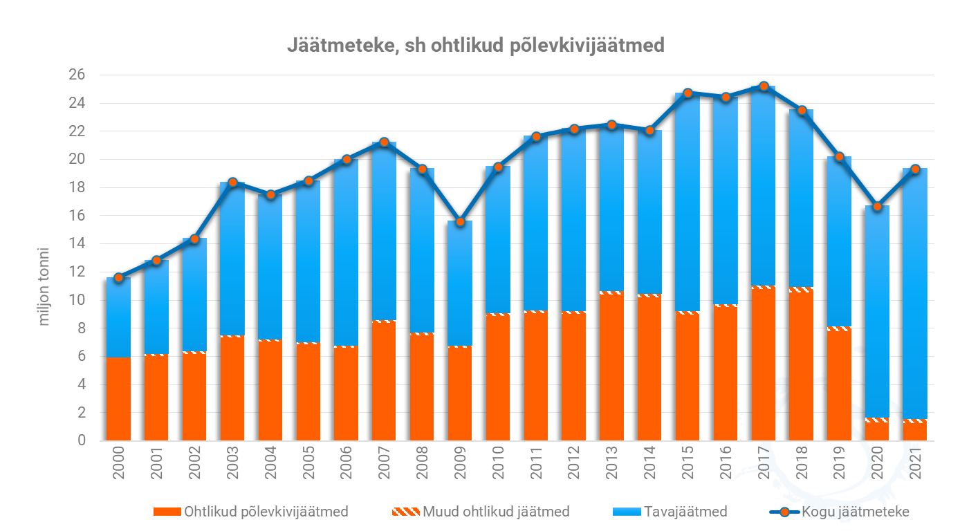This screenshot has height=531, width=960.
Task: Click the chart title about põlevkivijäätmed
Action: click(476, 46)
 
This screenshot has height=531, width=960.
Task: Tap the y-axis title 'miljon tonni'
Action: click(45, 286)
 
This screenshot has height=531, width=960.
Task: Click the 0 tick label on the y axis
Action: click(82, 441)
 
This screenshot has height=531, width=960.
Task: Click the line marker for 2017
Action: click(764, 86)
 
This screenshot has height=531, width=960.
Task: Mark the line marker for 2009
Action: click(460, 221)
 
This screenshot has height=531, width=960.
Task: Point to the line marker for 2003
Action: click(232, 182)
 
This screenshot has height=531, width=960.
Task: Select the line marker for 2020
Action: click(877, 206)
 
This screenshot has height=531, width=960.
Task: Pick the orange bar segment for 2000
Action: click(119, 399)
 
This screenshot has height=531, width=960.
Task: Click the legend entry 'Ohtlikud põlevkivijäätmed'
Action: click(250, 512)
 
